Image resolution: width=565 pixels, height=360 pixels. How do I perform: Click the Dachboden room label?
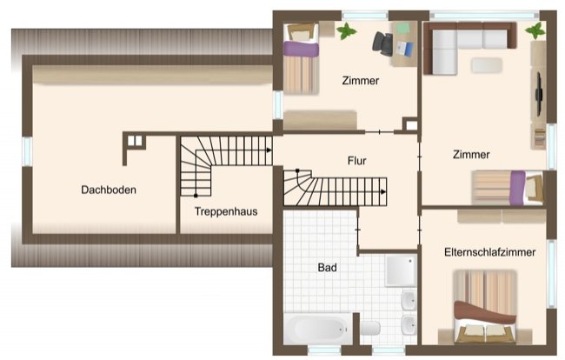click(109, 190)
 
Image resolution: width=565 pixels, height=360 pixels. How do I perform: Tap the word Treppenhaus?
click(225, 211)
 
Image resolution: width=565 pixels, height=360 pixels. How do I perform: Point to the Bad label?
click(327, 267)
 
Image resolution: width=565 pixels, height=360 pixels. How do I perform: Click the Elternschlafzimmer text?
click(488, 251)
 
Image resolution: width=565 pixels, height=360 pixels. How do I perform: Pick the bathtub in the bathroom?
click(318, 330)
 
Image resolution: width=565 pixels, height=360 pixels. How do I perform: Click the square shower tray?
click(401, 270)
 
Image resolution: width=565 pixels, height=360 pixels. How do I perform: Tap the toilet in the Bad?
click(370, 328)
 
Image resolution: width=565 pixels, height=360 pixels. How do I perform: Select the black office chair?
click(382, 42)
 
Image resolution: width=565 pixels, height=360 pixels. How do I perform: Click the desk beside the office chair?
click(404, 42)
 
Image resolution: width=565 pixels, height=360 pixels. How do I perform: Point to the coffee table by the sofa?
click(486, 64)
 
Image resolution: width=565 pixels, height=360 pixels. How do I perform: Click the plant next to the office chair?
click(347, 31)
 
